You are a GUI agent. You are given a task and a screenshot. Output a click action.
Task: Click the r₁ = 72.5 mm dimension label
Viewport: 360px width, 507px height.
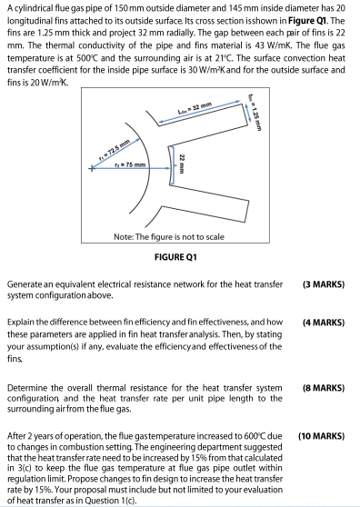(115, 150)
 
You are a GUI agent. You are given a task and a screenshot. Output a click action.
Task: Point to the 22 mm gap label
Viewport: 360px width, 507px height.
(183, 164)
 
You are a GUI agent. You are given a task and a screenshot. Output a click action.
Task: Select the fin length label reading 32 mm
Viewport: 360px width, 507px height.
(195, 109)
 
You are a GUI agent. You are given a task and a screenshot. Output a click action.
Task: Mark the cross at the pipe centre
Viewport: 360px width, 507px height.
(92, 168)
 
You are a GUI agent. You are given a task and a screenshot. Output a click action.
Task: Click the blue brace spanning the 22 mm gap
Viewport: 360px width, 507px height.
(171, 165)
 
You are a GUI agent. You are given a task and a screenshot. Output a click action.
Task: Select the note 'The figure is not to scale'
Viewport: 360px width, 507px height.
(168, 237)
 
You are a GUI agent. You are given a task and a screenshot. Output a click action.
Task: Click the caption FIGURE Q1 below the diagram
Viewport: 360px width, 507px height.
(175, 257)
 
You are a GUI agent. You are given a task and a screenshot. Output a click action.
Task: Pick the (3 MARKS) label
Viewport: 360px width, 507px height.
(324, 284)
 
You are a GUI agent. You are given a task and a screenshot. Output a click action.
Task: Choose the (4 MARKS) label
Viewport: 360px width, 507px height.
(324, 323)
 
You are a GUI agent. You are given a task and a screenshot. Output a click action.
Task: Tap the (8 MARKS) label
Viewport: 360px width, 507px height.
(324, 388)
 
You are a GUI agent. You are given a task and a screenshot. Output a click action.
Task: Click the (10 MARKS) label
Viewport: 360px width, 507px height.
(322, 436)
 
